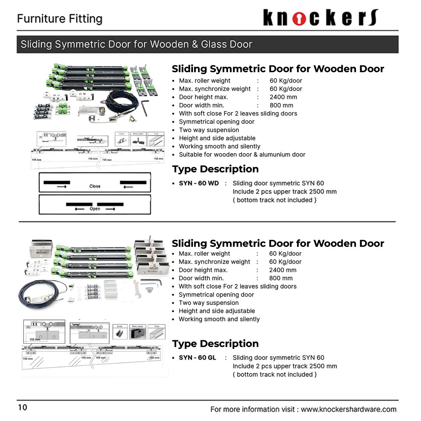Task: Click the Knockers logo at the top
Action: point(320,18)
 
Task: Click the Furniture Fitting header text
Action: point(60,19)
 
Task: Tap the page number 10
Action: point(22,407)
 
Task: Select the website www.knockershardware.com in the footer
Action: point(348,409)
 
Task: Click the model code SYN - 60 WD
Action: point(199,183)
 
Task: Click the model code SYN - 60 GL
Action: point(197,357)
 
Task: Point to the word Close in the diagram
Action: point(95,186)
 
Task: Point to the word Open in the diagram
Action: point(95,209)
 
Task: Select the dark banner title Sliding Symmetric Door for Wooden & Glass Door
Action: point(136,44)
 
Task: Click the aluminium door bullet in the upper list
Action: point(242,154)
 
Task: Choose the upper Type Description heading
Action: point(215,169)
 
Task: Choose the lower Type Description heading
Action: point(215,343)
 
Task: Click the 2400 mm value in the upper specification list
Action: point(283,97)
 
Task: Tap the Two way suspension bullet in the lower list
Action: point(209,302)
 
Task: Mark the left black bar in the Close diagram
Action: point(57,182)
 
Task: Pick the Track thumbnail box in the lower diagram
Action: point(157,332)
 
